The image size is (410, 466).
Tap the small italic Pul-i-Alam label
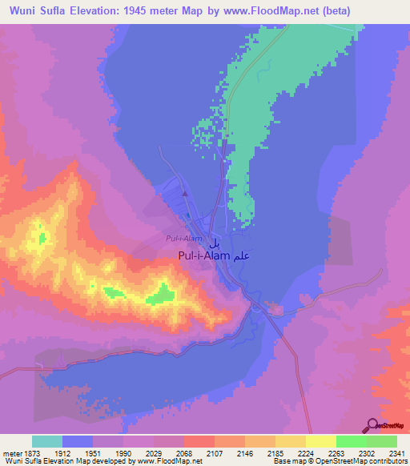[x=183, y=239]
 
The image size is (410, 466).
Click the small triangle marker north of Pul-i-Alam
[x=185, y=193]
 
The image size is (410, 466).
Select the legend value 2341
[x=396, y=454]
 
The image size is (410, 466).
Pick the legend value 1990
[x=123, y=454]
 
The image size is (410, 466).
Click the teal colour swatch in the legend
[x=47, y=441]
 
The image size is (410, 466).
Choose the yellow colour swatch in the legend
[x=320, y=441]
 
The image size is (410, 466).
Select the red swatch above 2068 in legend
[x=199, y=441]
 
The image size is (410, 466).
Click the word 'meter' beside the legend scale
[x=10, y=454]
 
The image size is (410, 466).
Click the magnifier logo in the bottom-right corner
[x=373, y=425]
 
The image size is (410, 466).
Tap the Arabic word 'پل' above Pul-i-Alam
[x=214, y=242]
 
